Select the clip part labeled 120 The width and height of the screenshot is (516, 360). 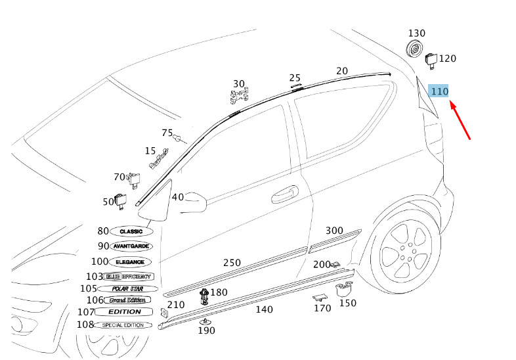[x=431, y=60]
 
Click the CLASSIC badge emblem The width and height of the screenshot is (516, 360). [x=131, y=232]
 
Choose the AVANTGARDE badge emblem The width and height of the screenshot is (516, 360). [x=132, y=246]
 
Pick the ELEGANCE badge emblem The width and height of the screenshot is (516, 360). [x=129, y=261]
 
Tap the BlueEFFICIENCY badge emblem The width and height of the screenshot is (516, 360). [x=129, y=277]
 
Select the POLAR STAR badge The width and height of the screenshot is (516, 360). [x=128, y=288]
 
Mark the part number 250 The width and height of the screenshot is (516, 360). [x=232, y=263]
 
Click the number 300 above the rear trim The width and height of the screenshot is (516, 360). [x=334, y=231]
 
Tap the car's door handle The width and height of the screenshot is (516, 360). [x=284, y=194]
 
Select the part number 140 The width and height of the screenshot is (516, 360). [x=264, y=309]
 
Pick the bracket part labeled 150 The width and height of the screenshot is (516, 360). [x=344, y=288]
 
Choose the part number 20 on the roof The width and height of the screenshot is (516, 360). [x=342, y=71]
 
